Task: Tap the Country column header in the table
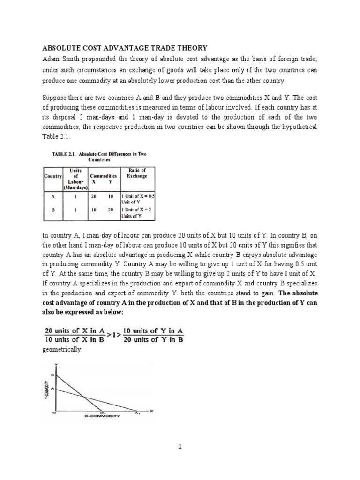coord(52,176)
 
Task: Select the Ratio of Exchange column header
coord(137,172)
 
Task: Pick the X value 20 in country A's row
coord(93,197)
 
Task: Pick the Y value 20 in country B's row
coord(111,210)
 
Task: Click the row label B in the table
coord(53,210)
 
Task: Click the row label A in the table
coord(53,197)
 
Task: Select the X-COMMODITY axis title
coord(102,416)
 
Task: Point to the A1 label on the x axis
coord(137,412)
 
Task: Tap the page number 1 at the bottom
coord(180,447)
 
